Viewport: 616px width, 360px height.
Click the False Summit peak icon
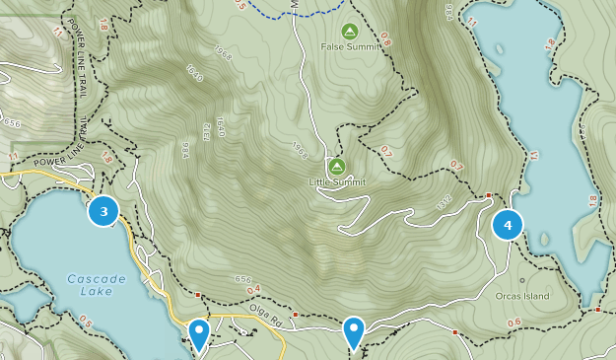pyautogui.click(x=348, y=32)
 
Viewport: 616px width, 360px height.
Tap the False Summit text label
pyautogui.click(x=348, y=46)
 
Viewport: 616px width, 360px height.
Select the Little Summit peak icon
pyautogui.click(x=337, y=166)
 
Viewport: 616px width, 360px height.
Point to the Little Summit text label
pyautogui.click(x=337, y=182)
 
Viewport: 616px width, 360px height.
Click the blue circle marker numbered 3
pyautogui.click(x=103, y=210)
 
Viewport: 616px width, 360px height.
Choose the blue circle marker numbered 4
pyautogui.click(x=508, y=225)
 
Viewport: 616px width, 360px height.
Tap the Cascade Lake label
pyautogui.click(x=97, y=285)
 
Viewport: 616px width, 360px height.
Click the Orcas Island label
pyautogui.click(x=521, y=296)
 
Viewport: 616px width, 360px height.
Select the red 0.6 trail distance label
pyautogui.click(x=513, y=323)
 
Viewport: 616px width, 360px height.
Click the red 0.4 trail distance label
pyautogui.click(x=253, y=289)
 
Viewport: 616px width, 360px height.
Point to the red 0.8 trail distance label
pyautogui.click(x=385, y=40)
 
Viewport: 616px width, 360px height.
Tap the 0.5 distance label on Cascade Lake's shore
pyautogui.click(x=86, y=323)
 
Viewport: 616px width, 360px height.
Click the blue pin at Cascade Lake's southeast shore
pyautogui.click(x=199, y=333)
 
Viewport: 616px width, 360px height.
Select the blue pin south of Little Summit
pyautogui.click(x=354, y=331)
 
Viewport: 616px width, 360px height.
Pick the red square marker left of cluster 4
pyautogui.click(x=488, y=195)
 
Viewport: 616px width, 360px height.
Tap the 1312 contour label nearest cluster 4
pyautogui.click(x=443, y=203)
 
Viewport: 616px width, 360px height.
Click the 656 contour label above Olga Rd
pyautogui.click(x=242, y=280)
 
